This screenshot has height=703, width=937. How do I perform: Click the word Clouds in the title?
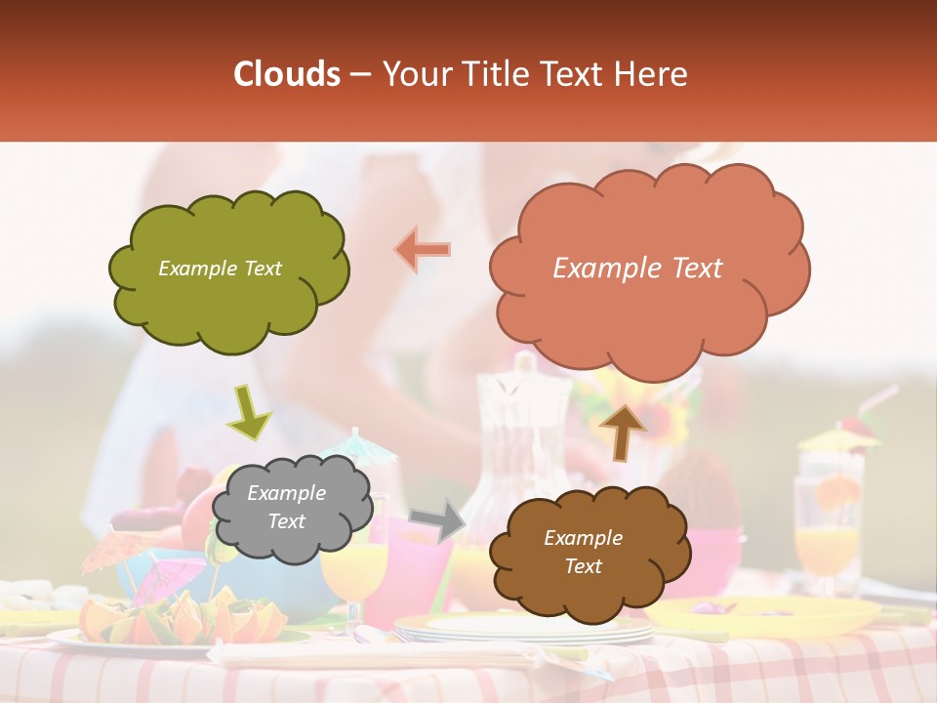[286, 74]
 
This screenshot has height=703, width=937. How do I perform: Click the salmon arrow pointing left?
[423, 250]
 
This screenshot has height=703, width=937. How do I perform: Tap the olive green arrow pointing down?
[248, 413]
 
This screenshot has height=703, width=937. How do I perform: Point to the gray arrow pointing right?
[438, 519]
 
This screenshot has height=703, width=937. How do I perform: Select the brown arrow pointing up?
[622, 431]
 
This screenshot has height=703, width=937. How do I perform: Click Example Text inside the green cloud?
[220, 269]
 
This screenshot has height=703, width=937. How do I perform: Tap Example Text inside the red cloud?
[637, 269]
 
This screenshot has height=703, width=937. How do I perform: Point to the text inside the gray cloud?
[286, 508]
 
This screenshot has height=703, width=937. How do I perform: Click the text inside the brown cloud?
[583, 552]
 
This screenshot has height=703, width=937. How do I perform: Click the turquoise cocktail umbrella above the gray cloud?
[361, 447]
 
